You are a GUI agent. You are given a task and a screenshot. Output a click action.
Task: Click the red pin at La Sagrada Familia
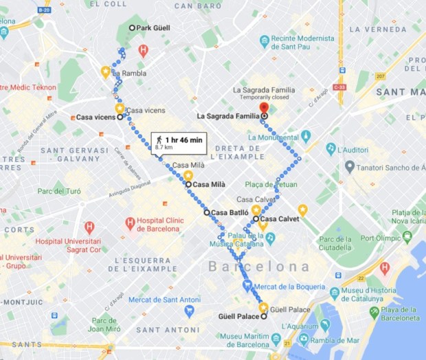[x=264, y=109]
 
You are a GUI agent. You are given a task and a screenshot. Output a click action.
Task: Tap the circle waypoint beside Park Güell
[x=133, y=28]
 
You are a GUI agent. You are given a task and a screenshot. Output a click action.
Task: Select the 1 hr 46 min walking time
[x=183, y=139]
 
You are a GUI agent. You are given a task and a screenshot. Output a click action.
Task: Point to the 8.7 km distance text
[x=164, y=148]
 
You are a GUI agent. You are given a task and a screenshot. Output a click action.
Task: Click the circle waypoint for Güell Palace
[x=265, y=317]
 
